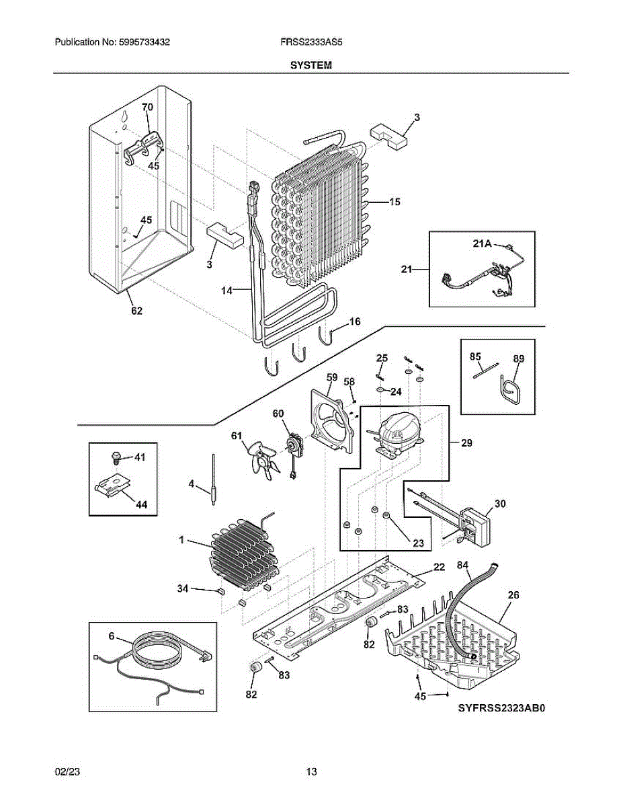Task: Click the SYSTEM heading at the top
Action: (310, 65)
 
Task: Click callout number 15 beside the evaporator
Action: (394, 202)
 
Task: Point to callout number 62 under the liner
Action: (136, 311)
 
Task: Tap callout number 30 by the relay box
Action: (500, 503)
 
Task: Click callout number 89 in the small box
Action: (517, 359)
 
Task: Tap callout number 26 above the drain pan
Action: (513, 594)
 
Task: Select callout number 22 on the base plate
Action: (438, 568)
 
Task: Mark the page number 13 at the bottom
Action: (311, 772)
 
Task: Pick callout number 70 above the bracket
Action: (147, 107)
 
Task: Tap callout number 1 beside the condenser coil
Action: (181, 540)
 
